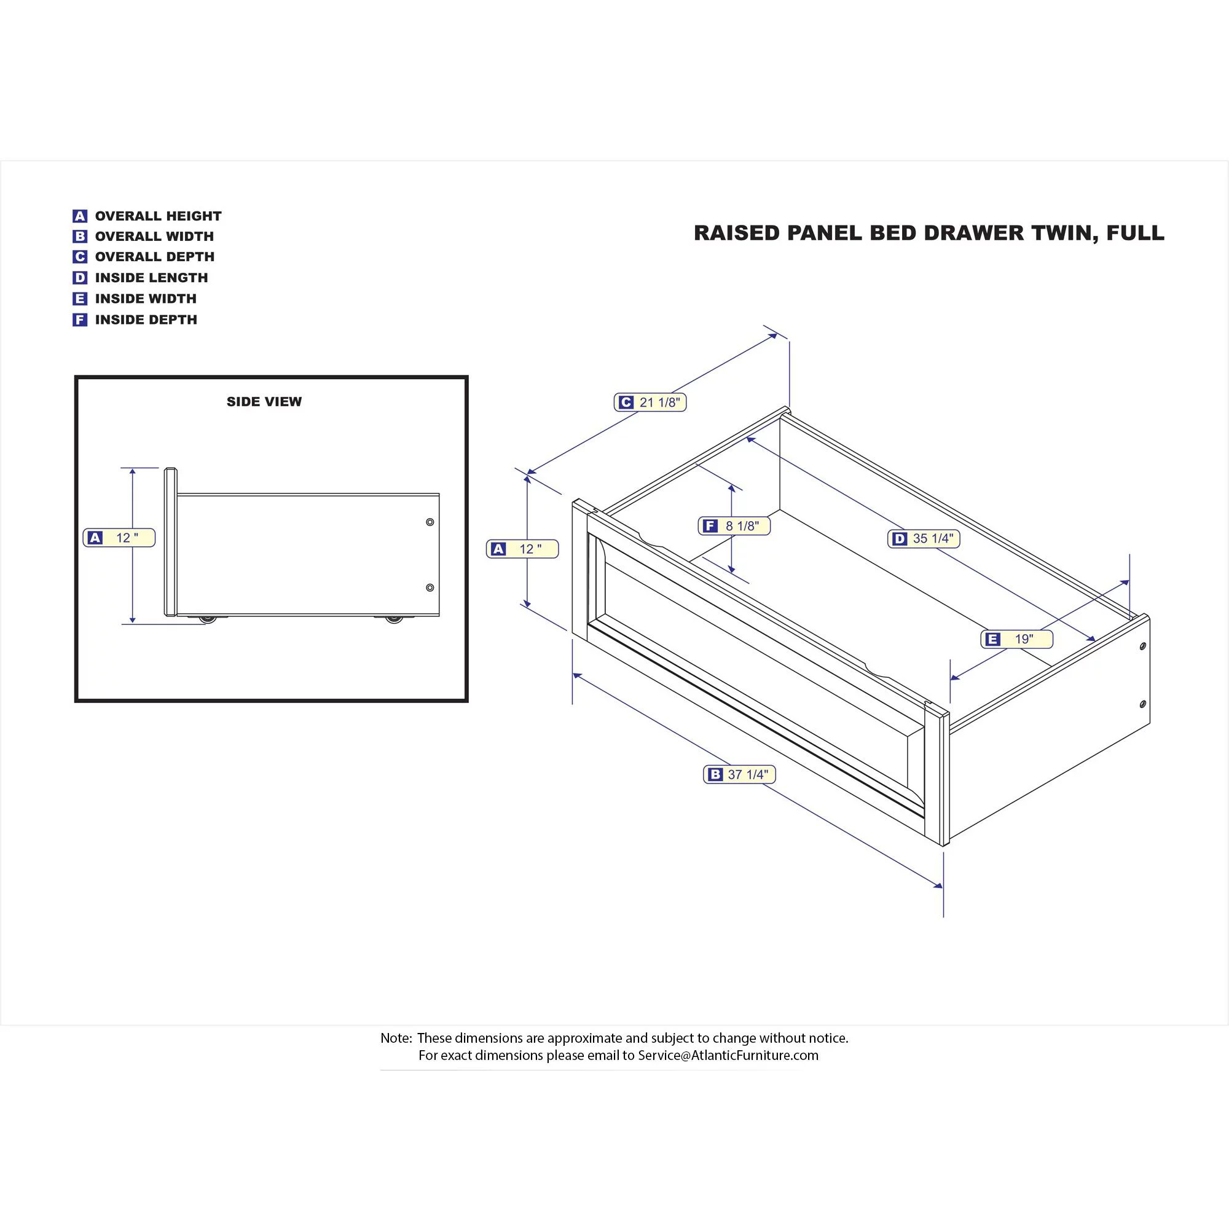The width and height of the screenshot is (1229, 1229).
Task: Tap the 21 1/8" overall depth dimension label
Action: point(650,402)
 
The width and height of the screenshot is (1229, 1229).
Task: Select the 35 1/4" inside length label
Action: point(924,539)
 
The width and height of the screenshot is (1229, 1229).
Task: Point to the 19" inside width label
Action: point(1016,639)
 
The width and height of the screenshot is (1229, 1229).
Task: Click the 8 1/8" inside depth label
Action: point(734,526)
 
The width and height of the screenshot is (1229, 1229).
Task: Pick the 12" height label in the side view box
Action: point(119,538)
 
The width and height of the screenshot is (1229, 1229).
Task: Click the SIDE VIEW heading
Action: point(264,401)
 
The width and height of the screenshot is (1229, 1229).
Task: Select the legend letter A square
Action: point(79,216)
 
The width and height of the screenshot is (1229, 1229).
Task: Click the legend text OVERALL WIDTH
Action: point(155,237)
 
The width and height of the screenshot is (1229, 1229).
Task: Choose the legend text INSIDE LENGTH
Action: point(151,278)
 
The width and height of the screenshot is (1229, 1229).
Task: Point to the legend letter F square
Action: point(79,320)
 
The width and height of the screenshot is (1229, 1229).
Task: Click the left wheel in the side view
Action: point(207,618)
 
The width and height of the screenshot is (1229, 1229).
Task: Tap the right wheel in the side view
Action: point(395,618)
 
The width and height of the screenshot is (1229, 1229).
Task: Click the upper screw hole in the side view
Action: point(430,522)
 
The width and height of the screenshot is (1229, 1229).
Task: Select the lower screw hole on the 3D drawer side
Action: point(1142,704)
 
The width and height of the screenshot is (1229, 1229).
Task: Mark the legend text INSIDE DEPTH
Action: point(146,320)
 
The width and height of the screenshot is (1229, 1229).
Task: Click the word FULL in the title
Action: point(1136,233)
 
